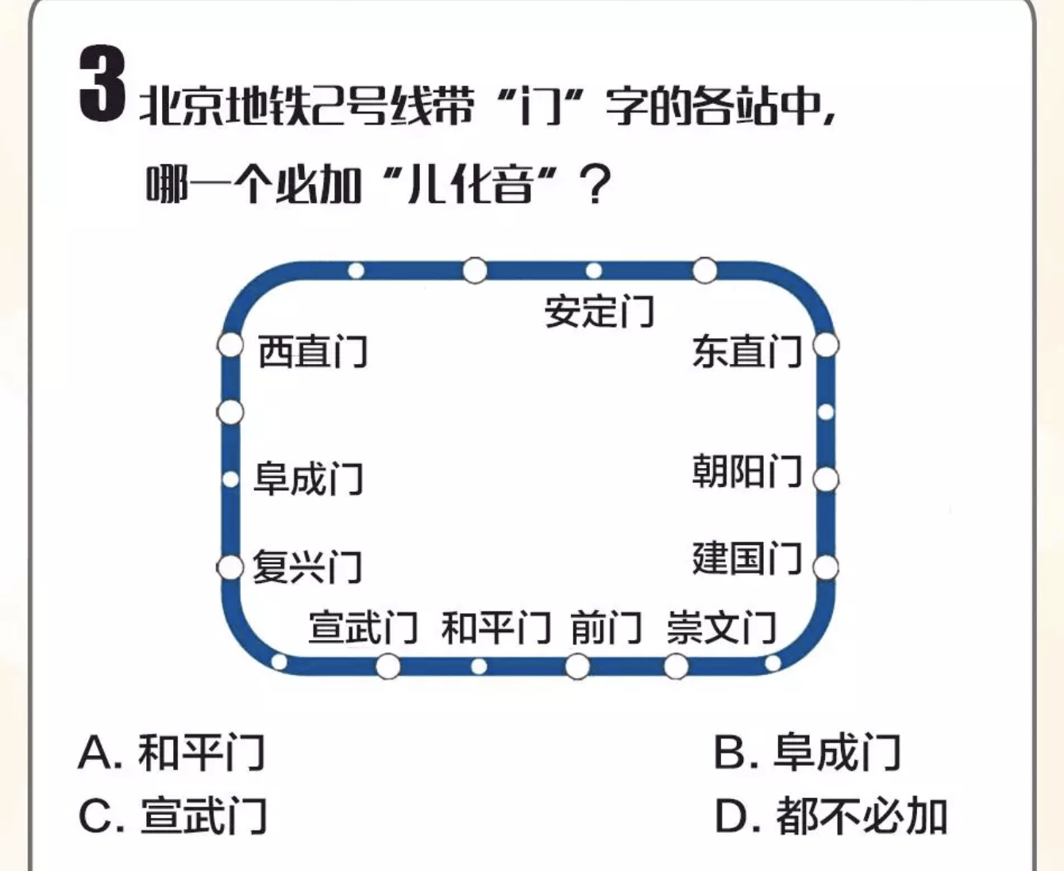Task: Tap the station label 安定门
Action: point(599,311)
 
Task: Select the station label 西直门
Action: point(313,351)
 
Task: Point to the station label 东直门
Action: point(747,351)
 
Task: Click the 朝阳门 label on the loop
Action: point(747,471)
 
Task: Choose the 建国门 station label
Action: point(747,558)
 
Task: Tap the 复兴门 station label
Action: point(307,567)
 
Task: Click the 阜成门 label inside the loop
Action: point(308,479)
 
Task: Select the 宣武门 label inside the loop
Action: point(363,627)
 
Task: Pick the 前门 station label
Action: point(606,628)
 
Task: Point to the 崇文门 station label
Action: point(721,628)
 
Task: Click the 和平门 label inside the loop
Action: point(495,628)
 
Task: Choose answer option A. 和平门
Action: point(172,752)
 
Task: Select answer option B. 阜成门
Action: point(807,752)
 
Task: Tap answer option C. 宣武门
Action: point(173,815)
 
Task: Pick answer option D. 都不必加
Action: point(831,815)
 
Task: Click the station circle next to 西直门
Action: point(230,346)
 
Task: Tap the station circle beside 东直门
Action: point(826,346)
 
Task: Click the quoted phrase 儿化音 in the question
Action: point(468,186)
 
